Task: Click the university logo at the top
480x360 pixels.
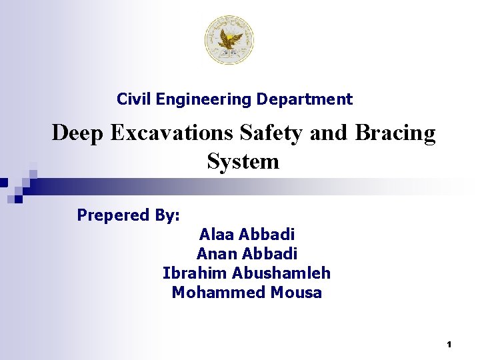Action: click(229, 40)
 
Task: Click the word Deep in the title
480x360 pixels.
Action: click(78, 133)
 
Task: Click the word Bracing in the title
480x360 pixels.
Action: click(395, 133)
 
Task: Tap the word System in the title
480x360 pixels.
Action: click(243, 161)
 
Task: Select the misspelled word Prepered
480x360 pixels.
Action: click(113, 215)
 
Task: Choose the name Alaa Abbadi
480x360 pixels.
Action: click(247, 235)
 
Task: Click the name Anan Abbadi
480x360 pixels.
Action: click(247, 254)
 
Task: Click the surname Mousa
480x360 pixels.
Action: click(296, 293)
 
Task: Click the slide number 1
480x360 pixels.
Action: click(449, 345)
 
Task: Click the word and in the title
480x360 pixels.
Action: click(324, 133)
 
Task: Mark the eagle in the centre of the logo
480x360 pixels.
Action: click(229, 38)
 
